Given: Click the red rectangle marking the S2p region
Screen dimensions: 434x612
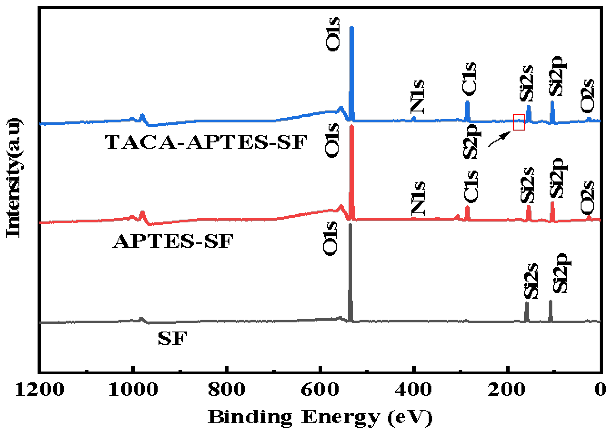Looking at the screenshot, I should (519, 122).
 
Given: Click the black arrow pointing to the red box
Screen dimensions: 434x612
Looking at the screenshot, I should (499, 139).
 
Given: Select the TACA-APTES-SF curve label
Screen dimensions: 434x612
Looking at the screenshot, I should (205, 142).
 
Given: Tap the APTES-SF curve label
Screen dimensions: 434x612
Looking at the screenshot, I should (173, 241).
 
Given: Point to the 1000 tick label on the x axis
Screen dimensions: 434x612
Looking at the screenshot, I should (133, 390).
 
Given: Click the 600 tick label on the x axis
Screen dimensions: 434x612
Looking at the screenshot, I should (320, 390).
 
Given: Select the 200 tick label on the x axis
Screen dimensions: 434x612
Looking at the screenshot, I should (506, 390).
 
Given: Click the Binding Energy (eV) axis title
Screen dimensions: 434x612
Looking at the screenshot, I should (320, 417).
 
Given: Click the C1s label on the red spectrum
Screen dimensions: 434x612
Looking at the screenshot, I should (471, 187).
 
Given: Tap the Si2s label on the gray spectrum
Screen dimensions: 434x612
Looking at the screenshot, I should (531, 281).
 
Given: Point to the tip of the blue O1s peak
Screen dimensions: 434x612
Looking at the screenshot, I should (352, 27).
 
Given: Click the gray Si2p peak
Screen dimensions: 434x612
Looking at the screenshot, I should (550, 310).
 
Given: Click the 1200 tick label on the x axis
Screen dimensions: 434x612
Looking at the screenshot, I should (40, 390).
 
